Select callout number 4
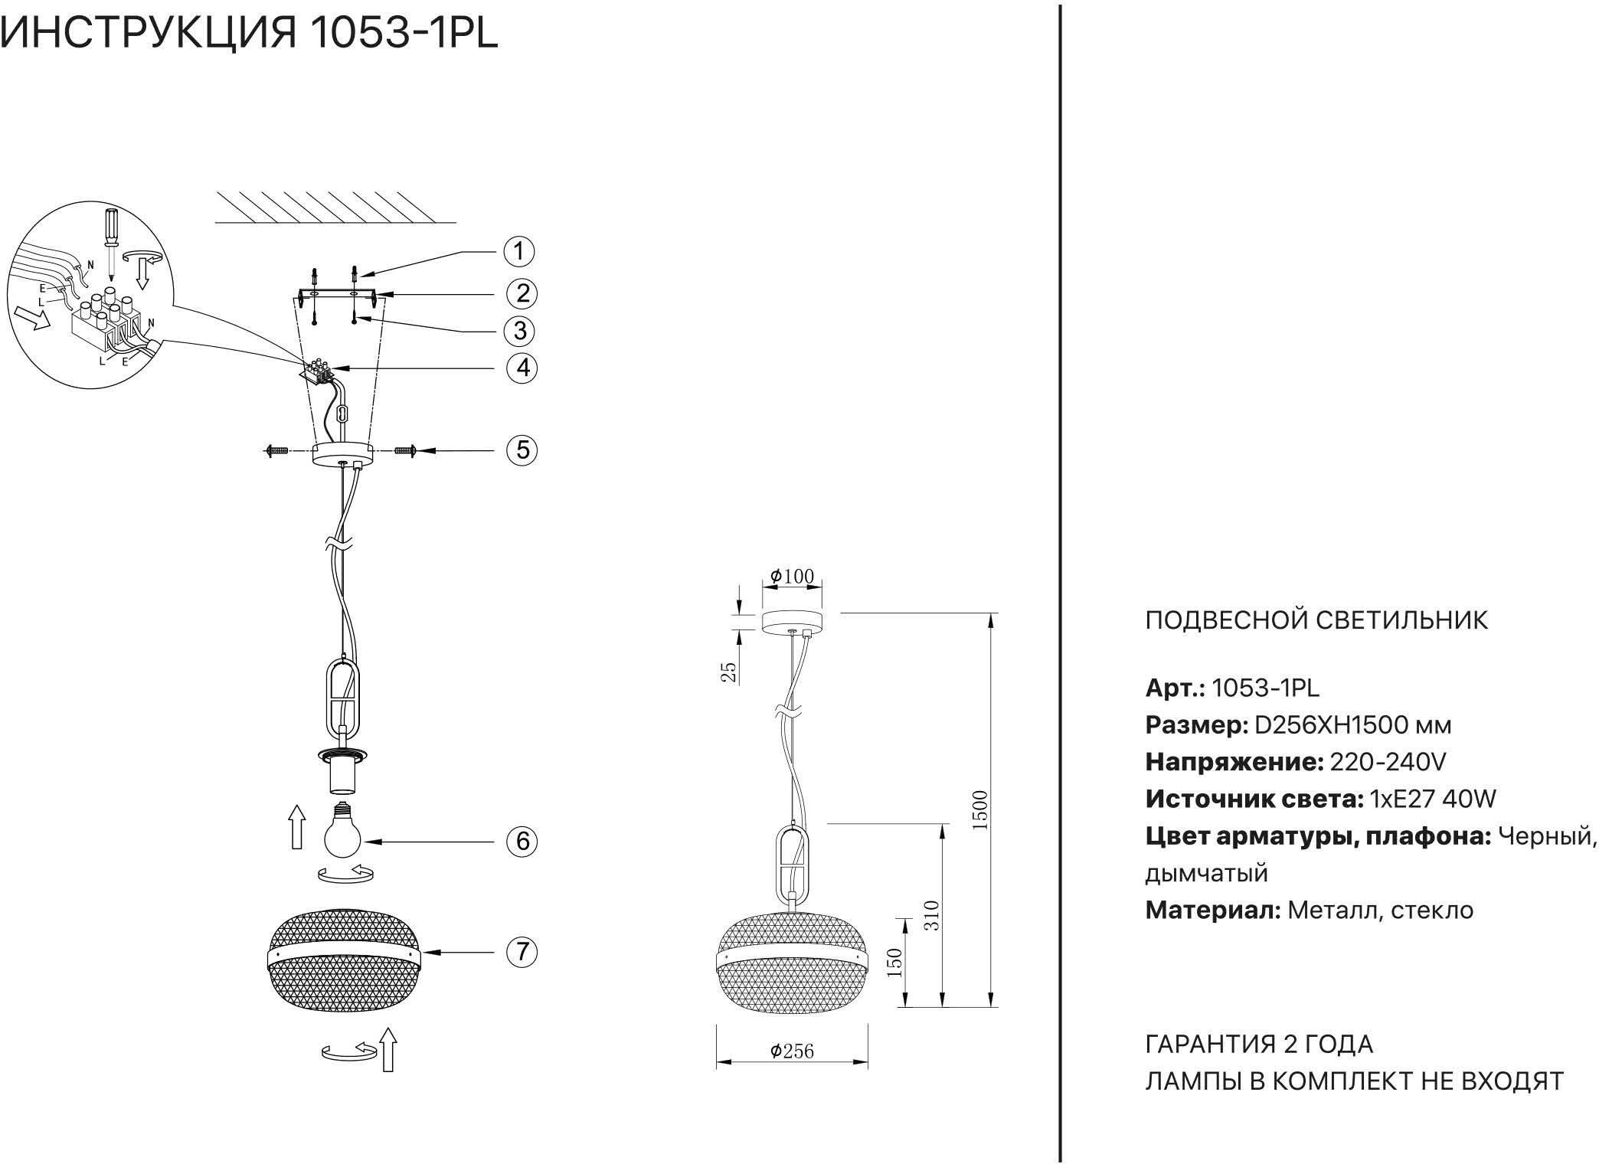click(522, 368)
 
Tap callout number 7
click(522, 952)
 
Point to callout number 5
click(522, 450)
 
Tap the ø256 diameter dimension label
click(792, 1051)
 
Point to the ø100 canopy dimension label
click(792, 576)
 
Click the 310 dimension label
click(931, 914)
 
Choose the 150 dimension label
click(894, 962)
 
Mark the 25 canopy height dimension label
click(730, 672)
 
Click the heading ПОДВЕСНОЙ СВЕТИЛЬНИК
click(1316, 620)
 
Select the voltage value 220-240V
click(1388, 762)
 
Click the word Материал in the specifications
click(1212, 910)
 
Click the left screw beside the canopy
click(276, 451)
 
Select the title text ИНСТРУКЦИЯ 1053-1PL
click(250, 34)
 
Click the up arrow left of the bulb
click(297, 827)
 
